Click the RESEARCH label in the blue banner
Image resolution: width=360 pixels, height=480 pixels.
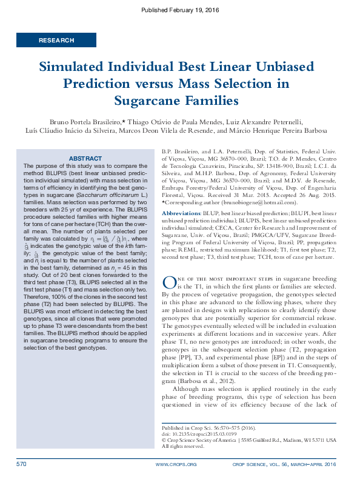point(56,40)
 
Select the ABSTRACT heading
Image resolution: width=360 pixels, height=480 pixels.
point(85,158)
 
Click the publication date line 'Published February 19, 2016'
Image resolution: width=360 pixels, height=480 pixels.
point(179,10)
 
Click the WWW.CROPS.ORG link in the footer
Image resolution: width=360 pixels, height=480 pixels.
point(176,465)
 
